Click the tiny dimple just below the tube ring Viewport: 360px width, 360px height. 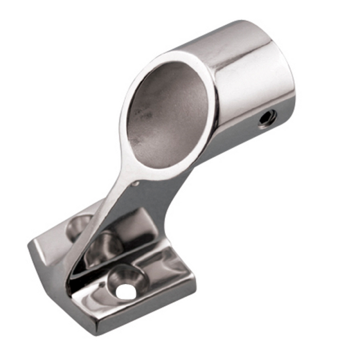pyautogui.click(x=135, y=183)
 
